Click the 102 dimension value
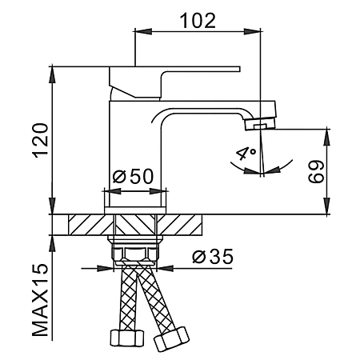[x=198, y=21]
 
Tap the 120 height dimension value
[x=40, y=140]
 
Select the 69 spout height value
[x=316, y=171]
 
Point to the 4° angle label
[x=246, y=153]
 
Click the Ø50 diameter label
[x=133, y=176]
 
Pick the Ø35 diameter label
[x=213, y=256]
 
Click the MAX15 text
[x=40, y=300]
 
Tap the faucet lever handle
[x=174, y=82]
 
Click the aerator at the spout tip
[x=260, y=124]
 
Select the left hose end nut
[x=127, y=338]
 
